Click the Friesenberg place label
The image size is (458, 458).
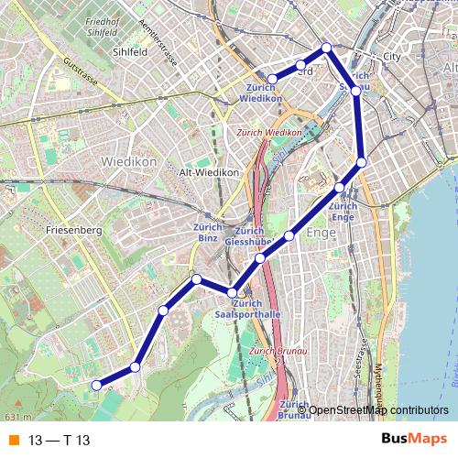[x=73, y=231]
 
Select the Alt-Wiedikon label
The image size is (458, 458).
[x=210, y=172]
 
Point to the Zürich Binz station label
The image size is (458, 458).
[x=204, y=233]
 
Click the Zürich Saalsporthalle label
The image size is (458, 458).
[x=246, y=308]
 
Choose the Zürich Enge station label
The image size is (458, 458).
[x=342, y=212]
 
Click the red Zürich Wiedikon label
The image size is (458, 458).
[x=268, y=133]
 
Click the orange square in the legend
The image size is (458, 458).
[x=12, y=440]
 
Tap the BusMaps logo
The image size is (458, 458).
[x=415, y=439]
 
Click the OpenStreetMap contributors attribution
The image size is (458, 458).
[x=378, y=409]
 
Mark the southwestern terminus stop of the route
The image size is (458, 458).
[x=97, y=386]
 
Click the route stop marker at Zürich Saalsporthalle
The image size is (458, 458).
[x=233, y=292]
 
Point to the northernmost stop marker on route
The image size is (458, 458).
[x=326, y=48]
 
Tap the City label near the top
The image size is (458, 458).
[x=392, y=57]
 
